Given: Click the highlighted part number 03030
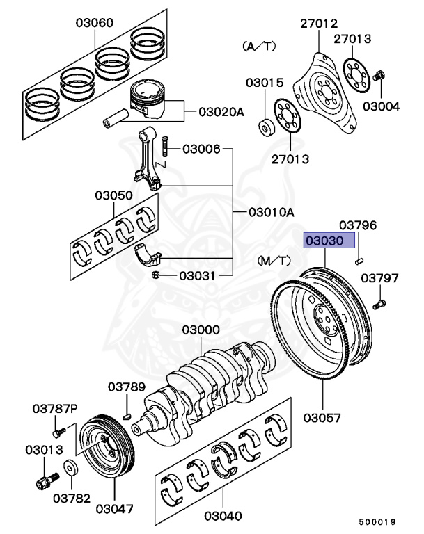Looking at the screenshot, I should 329,241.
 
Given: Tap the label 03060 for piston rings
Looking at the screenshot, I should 96,23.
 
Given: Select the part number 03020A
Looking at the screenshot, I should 222,111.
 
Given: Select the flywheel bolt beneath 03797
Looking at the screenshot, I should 380,303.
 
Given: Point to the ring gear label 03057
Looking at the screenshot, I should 322,418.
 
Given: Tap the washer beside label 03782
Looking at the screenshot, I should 70,467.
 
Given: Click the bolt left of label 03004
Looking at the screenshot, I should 380,76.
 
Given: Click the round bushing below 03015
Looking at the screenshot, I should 265,128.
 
